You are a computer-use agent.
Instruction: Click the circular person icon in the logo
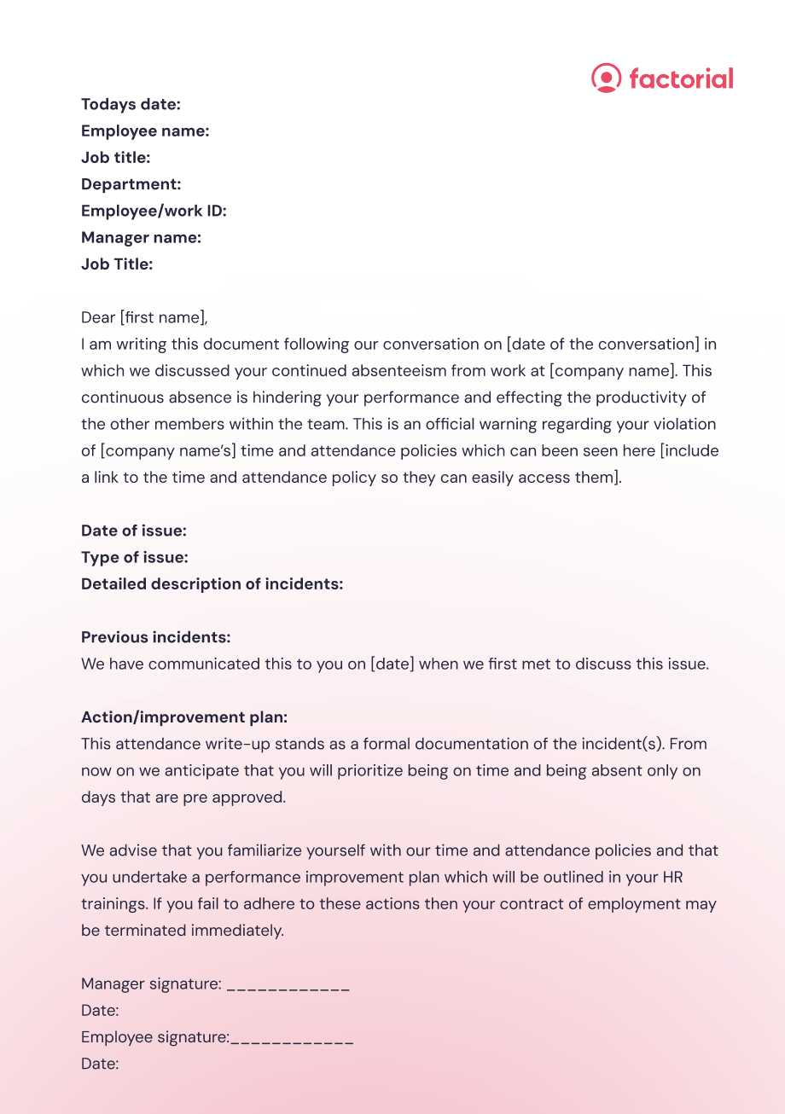(606, 78)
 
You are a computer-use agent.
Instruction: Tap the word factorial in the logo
(681, 78)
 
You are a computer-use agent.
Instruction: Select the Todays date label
(131, 104)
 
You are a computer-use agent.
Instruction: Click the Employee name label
(145, 131)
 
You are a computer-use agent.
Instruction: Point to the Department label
(131, 184)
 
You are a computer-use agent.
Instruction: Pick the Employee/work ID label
(154, 211)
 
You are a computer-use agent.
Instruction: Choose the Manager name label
(141, 237)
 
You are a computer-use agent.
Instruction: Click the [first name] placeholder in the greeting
(163, 317)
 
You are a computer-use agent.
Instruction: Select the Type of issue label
(135, 557)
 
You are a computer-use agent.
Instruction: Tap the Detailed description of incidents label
(212, 583)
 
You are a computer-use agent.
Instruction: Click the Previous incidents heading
(155, 637)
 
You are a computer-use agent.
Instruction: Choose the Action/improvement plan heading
(184, 717)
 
